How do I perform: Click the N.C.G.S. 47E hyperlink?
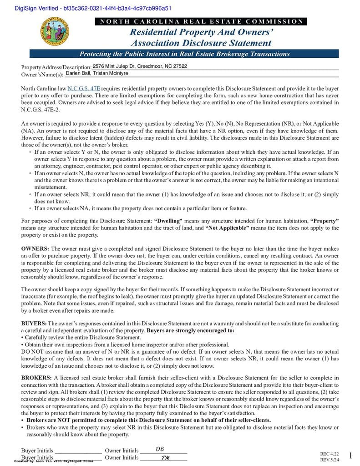[84, 88]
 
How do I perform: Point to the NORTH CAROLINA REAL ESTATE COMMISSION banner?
[201, 21]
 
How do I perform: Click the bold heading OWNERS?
[35, 249]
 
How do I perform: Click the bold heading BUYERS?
[34, 323]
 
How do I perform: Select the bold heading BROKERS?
[36, 378]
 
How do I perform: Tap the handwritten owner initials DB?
[160, 449]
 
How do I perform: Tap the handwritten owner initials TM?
[165, 457]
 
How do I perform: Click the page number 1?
[350, 456]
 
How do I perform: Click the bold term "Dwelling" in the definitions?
[168, 221]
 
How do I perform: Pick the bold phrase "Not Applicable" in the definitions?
[227, 228]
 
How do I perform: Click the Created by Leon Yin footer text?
[54, 461]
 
